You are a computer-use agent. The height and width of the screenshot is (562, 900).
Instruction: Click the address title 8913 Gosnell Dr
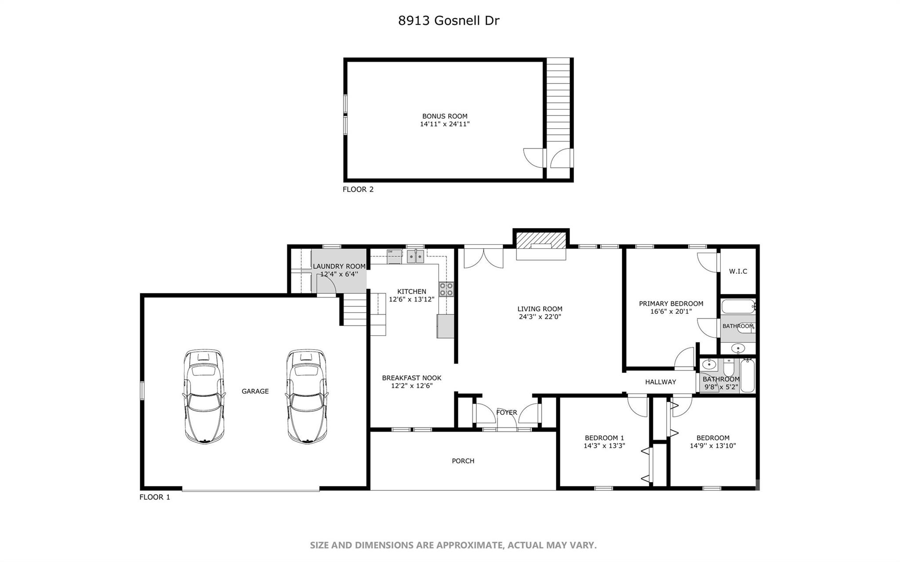click(449, 21)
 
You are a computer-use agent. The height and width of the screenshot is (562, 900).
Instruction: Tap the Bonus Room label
click(445, 116)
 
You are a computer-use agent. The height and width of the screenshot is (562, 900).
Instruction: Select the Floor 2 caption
click(358, 189)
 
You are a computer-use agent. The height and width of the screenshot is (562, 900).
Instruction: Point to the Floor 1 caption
click(155, 497)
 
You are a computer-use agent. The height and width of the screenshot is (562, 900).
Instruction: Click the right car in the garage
click(307, 396)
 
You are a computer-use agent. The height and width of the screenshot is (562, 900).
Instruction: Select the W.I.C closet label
click(738, 272)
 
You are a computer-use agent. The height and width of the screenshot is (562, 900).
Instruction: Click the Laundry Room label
click(339, 266)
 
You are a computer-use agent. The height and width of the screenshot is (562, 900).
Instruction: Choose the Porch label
click(463, 461)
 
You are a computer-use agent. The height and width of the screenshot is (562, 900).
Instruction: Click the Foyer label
click(507, 413)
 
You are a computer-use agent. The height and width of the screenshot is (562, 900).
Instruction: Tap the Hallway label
click(660, 382)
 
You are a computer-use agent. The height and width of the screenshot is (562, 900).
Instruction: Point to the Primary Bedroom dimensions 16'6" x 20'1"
click(671, 312)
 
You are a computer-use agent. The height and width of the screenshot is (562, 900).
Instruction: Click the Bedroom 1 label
click(604, 438)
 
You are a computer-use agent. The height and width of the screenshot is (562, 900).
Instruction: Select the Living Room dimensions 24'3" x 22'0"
click(540, 316)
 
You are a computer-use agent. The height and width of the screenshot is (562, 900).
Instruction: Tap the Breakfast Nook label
click(412, 378)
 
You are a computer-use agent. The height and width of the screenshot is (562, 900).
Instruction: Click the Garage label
click(255, 391)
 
